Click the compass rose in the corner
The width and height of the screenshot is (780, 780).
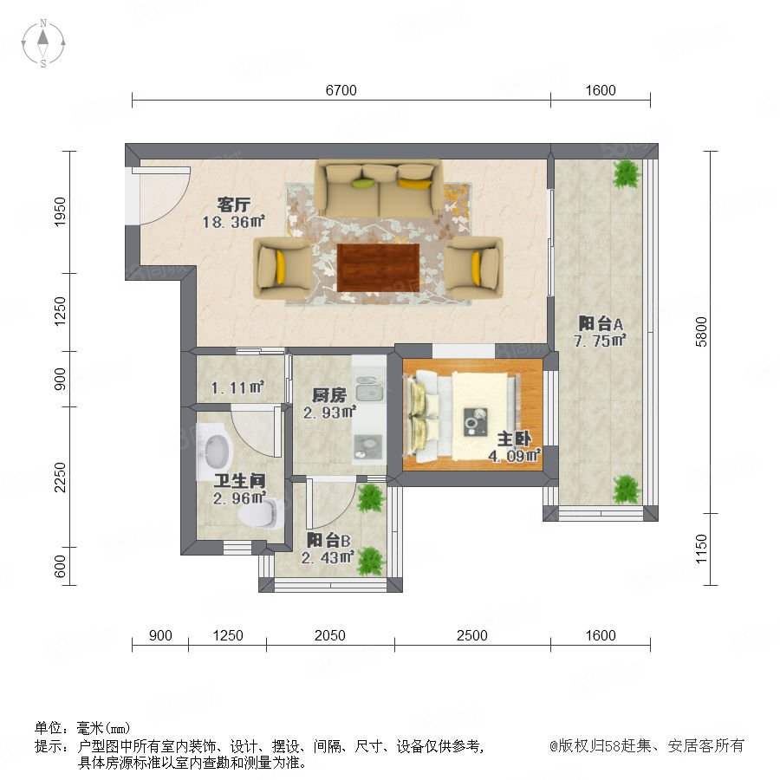(x=43, y=43)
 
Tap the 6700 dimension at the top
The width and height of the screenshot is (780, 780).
(x=341, y=90)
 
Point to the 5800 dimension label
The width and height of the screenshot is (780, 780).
(x=701, y=332)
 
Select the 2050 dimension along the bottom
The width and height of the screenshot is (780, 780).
(x=330, y=635)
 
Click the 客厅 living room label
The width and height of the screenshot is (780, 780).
(x=233, y=205)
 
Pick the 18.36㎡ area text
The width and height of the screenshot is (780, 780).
(x=233, y=222)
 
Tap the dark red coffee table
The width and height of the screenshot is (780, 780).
(x=378, y=268)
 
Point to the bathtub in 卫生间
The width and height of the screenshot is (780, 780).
(x=215, y=452)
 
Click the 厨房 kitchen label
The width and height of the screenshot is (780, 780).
(x=328, y=395)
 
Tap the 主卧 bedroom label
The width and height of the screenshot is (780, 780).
(x=514, y=439)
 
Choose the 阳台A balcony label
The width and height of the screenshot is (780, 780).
(x=601, y=324)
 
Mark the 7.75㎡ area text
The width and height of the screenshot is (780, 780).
(x=600, y=341)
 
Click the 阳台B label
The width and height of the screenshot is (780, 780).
(x=328, y=540)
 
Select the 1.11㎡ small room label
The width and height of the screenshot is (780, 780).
(x=237, y=387)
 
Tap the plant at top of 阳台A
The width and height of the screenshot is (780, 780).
(x=627, y=173)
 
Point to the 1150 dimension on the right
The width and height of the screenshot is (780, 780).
(x=701, y=549)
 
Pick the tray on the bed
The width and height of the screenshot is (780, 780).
(x=476, y=422)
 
